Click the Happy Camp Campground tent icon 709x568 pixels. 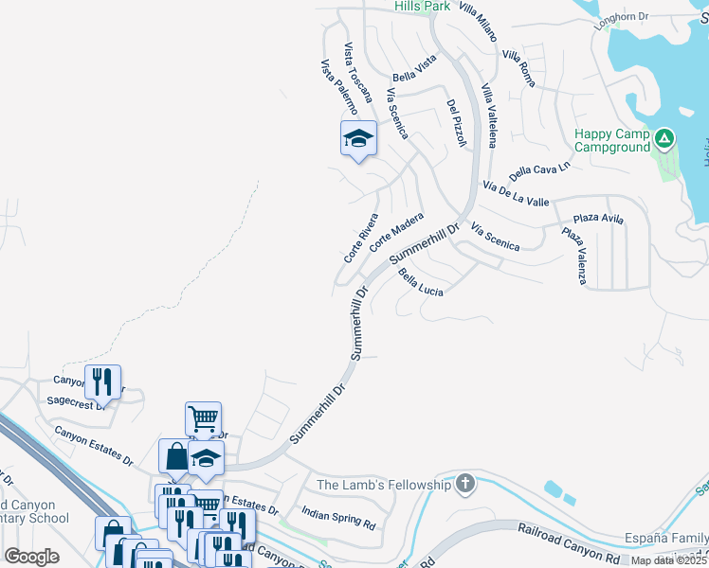tap(665, 140)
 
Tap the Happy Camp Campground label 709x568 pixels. tap(612, 140)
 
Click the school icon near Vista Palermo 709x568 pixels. tap(358, 138)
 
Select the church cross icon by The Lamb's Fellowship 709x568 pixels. tap(464, 484)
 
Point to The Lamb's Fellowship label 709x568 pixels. tap(383, 485)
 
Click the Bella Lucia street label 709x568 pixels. tap(422, 282)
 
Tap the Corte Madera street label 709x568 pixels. tap(396, 232)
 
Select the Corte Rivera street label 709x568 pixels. tap(360, 239)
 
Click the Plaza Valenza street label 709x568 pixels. tap(574, 256)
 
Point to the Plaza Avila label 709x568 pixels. tap(598, 219)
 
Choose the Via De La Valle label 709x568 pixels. tap(516, 194)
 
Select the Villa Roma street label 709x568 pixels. tap(519, 69)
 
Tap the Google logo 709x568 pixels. tap(31, 557)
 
